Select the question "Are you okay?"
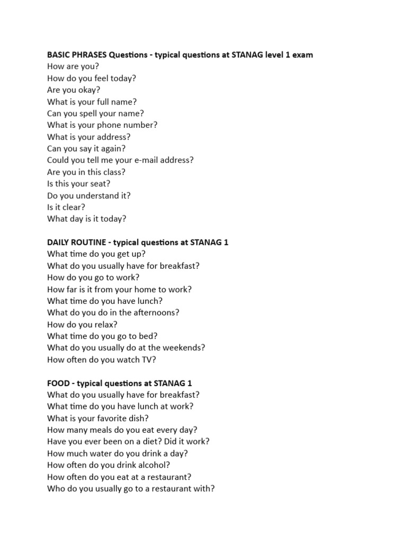click(x=74, y=90)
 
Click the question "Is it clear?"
click(x=66, y=206)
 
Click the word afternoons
click(x=153, y=312)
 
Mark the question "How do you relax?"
click(x=82, y=324)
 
